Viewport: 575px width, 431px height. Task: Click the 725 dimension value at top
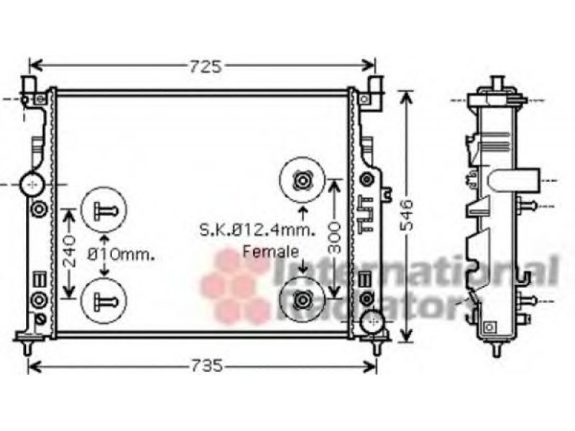pyautogui.click(x=206, y=67)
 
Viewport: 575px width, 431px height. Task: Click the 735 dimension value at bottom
pyautogui.click(x=206, y=366)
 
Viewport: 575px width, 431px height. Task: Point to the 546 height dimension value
pyautogui.click(x=407, y=215)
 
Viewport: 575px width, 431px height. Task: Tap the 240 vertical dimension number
pyautogui.click(x=68, y=251)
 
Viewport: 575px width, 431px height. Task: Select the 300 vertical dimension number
pyautogui.click(x=334, y=238)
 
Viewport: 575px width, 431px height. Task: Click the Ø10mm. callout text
pyautogui.click(x=121, y=254)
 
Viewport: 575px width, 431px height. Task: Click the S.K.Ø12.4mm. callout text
pyautogui.click(x=257, y=230)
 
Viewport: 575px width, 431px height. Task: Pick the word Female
pyautogui.click(x=271, y=251)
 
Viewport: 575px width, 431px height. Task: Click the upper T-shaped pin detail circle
pyautogui.click(x=103, y=187)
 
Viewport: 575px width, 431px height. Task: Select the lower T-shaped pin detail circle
pyautogui.click(x=103, y=278)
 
